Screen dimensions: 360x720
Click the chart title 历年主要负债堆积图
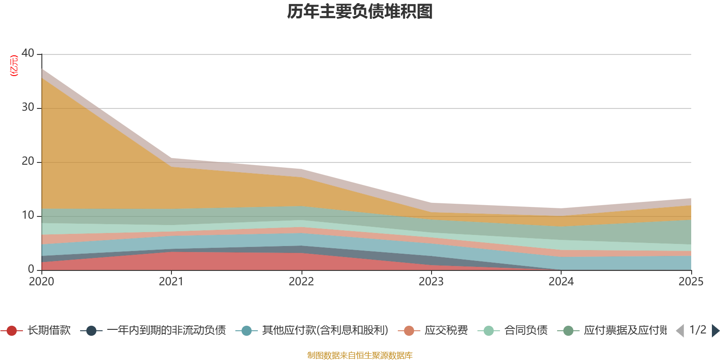tap(360, 12)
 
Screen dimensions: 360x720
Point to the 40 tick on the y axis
tap(28, 53)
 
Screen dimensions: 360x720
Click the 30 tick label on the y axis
tap(28, 107)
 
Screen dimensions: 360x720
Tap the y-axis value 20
tap(28, 161)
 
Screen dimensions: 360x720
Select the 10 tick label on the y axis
tap(28, 215)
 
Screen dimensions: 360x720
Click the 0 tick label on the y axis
tap(31, 269)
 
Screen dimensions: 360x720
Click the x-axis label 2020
tap(41, 282)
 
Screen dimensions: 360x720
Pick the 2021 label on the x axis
tap(171, 282)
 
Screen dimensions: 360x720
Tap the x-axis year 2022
tap(301, 282)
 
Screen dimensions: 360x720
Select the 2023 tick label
tap(431, 282)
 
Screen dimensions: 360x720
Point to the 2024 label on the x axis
tap(561, 282)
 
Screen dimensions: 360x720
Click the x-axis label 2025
tap(690, 282)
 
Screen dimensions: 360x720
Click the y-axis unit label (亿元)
tap(14, 66)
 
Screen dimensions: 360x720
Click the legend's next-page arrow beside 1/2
tap(715, 331)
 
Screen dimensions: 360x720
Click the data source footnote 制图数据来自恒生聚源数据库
tap(360, 355)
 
